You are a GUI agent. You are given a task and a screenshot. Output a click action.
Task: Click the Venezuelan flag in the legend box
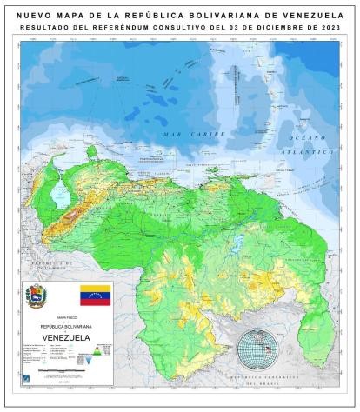coord(95,294)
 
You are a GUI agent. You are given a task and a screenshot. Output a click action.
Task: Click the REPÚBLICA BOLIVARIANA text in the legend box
coord(66,325)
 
